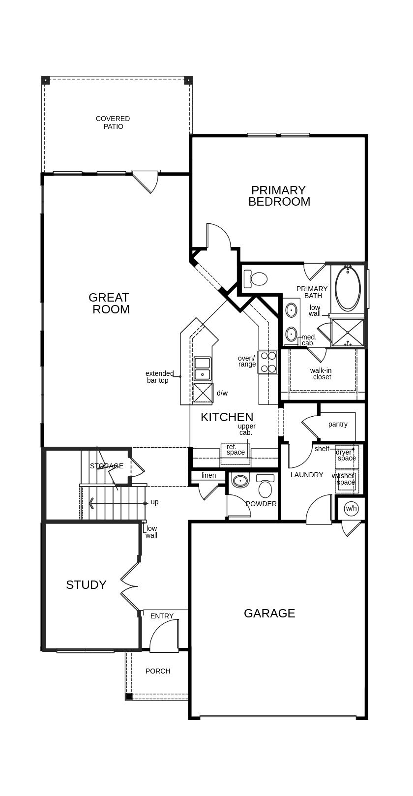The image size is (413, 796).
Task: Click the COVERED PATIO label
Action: [113, 122]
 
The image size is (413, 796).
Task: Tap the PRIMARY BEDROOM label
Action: [279, 196]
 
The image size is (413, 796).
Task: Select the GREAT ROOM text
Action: [109, 303]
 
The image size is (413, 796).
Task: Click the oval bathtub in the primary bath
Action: [348, 288]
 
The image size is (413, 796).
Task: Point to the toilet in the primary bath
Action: [256, 278]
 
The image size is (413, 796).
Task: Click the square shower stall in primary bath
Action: [348, 333]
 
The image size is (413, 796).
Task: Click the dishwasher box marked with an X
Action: [203, 394]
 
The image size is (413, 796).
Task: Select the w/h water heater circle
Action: [351, 509]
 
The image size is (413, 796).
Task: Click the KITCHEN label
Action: [227, 417]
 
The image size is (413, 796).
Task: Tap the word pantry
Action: [338, 424]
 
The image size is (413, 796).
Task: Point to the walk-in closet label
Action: [321, 373]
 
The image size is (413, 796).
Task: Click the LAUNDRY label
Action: [307, 475]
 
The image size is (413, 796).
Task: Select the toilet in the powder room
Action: [265, 486]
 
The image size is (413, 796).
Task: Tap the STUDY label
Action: [86, 584]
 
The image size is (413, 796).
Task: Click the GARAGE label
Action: [269, 613]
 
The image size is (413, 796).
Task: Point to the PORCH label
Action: [158, 671]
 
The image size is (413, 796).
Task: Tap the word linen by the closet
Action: [208, 475]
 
